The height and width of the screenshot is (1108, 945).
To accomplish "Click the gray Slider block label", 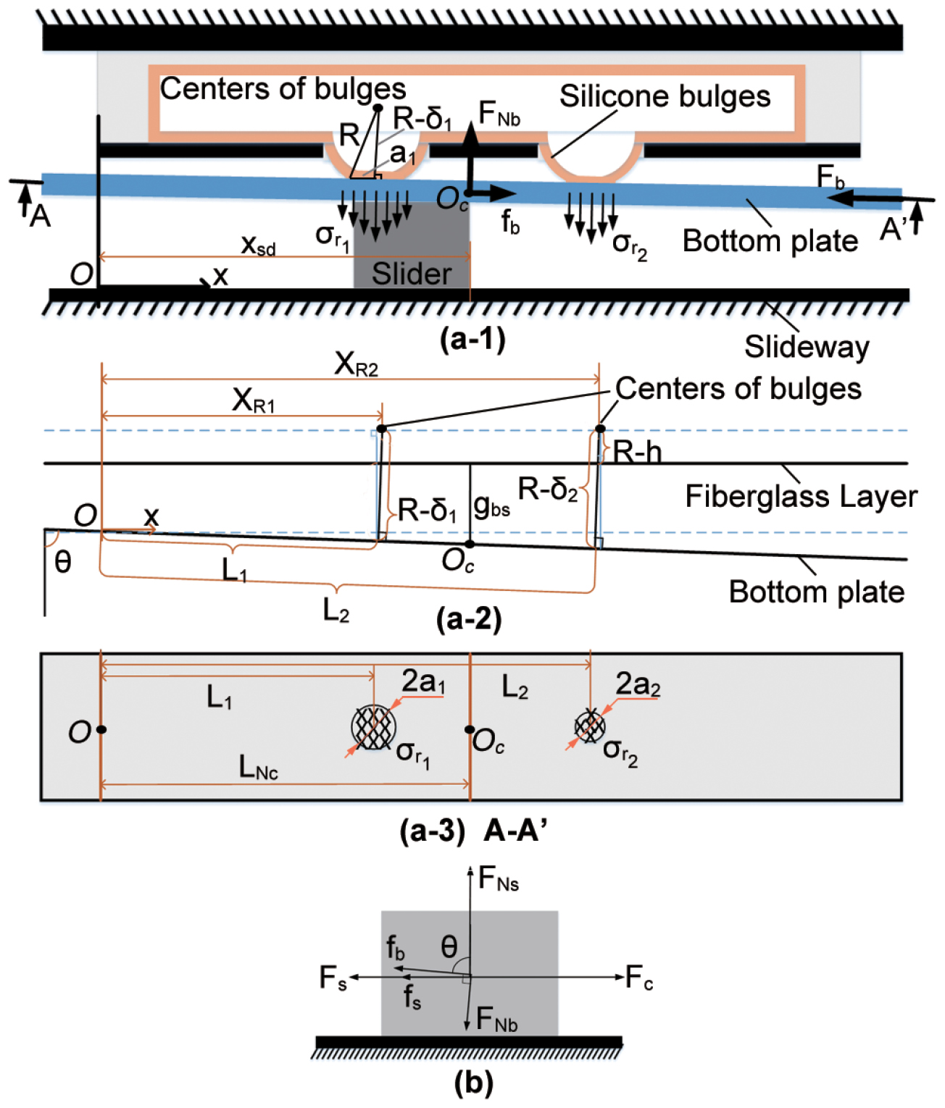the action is point(412,274).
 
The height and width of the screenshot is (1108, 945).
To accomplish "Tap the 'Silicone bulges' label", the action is point(665,97).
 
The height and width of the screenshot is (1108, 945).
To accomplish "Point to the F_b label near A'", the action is point(830,177).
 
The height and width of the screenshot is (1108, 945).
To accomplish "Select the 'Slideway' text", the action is point(807,347).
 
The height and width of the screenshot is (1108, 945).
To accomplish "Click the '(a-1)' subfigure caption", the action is point(472,339).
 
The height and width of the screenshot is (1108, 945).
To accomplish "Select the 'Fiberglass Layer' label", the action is point(802,496).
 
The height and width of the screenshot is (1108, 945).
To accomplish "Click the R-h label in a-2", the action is point(637,451).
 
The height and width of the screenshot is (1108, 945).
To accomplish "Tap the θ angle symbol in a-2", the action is point(63,562).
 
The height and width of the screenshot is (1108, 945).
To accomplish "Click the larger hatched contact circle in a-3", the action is point(373,727).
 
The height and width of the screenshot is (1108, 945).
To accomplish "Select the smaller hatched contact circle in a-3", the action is point(590,726).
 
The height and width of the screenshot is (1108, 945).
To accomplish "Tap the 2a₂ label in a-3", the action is point(638,684).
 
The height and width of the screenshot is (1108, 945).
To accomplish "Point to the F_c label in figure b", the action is point(639,977).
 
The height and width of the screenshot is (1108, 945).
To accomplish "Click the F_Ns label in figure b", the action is point(499,878).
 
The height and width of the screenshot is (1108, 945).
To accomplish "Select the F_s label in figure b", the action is point(333,977).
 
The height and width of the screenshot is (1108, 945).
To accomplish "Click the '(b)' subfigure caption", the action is point(473,1082).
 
